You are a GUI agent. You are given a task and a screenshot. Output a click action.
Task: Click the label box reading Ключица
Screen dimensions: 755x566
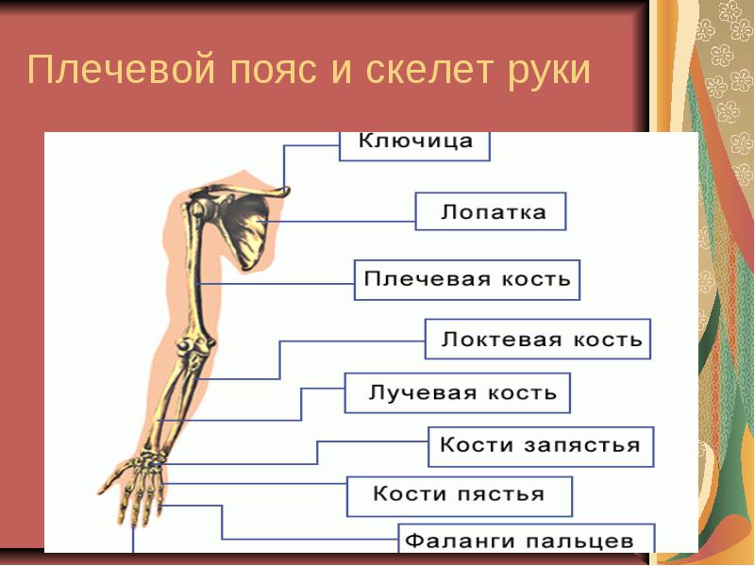point(414,146)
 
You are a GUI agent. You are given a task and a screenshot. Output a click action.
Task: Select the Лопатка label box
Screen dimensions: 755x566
point(491,211)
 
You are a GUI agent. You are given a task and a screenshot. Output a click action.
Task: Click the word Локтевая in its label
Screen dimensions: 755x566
point(502,340)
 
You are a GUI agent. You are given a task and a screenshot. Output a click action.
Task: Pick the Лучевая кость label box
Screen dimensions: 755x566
point(458,392)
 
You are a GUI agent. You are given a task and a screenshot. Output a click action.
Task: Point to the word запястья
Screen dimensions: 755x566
point(582,445)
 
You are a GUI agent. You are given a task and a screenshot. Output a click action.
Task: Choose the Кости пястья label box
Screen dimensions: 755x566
point(460,497)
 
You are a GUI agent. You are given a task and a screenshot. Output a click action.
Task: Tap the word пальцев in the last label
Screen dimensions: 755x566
point(579,541)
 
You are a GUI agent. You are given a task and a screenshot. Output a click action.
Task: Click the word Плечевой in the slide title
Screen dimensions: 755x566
point(121,70)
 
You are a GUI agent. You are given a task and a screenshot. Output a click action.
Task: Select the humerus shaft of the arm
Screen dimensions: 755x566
point(196,279)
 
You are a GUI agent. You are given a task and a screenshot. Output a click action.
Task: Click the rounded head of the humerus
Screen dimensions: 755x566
point(196,209)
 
